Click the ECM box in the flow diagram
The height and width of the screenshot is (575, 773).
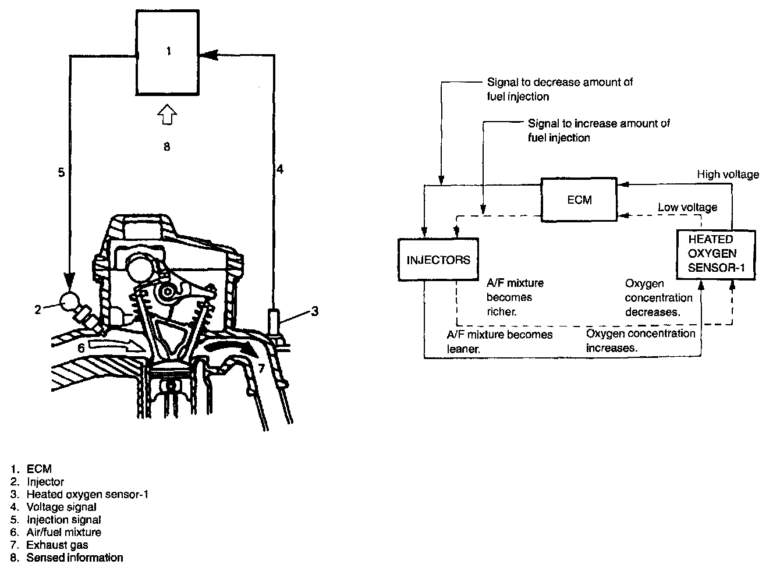tap(579, 200)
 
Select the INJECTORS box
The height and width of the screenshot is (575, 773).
tap(438, 260)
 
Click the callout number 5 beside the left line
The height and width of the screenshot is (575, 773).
tap(61, 172)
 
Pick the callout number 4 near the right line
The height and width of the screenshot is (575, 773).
tap(280, 169)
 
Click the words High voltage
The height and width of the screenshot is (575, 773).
tap(728, 174)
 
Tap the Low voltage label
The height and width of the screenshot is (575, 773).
tap(687, 207)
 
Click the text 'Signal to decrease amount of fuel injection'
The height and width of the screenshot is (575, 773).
tap(559, 89)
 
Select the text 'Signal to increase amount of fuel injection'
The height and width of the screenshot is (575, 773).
tap(598, 130)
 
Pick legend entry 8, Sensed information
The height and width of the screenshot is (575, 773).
tap(75, 558)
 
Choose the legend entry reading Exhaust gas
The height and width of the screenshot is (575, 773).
tap(57, 545)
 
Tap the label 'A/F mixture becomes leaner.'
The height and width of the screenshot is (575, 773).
tap(499, 342)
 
